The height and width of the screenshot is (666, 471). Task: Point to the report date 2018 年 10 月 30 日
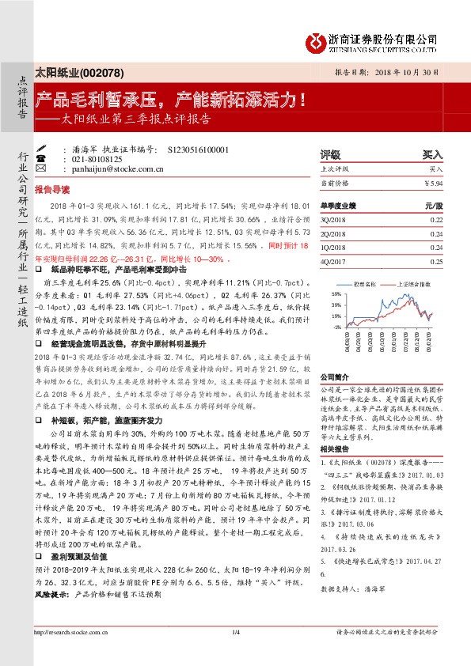click(411, 71)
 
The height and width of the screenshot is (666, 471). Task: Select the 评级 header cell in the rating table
click(330, 155)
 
